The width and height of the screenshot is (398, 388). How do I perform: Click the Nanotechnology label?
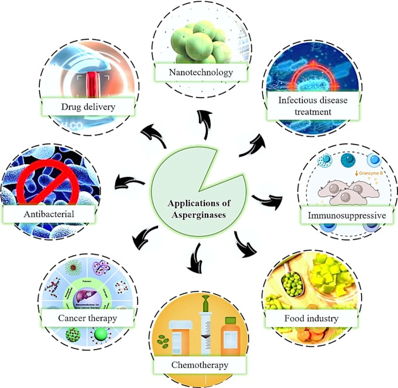(198, 73)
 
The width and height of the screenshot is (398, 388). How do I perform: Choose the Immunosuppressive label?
(348, 216)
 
